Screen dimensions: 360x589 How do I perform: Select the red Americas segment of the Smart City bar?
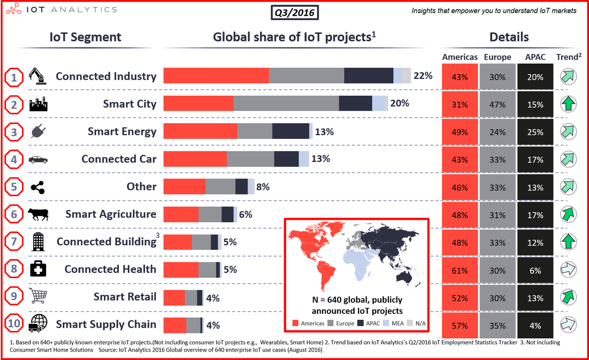198,104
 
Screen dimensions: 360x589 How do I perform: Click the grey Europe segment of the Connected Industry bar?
306,76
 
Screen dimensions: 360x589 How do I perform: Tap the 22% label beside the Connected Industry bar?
423,76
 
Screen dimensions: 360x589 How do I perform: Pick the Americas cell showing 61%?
459,270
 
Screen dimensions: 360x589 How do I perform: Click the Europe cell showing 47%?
498,104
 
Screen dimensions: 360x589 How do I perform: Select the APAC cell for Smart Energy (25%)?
535,132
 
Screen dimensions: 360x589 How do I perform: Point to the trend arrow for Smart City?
568,104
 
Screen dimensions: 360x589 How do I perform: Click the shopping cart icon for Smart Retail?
39,296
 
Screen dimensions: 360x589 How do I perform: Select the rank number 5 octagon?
14,187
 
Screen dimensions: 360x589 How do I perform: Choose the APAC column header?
535,57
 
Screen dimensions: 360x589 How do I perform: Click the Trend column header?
568,57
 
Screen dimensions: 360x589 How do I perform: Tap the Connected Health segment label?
110,269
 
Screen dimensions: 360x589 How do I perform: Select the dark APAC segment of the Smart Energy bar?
290,131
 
